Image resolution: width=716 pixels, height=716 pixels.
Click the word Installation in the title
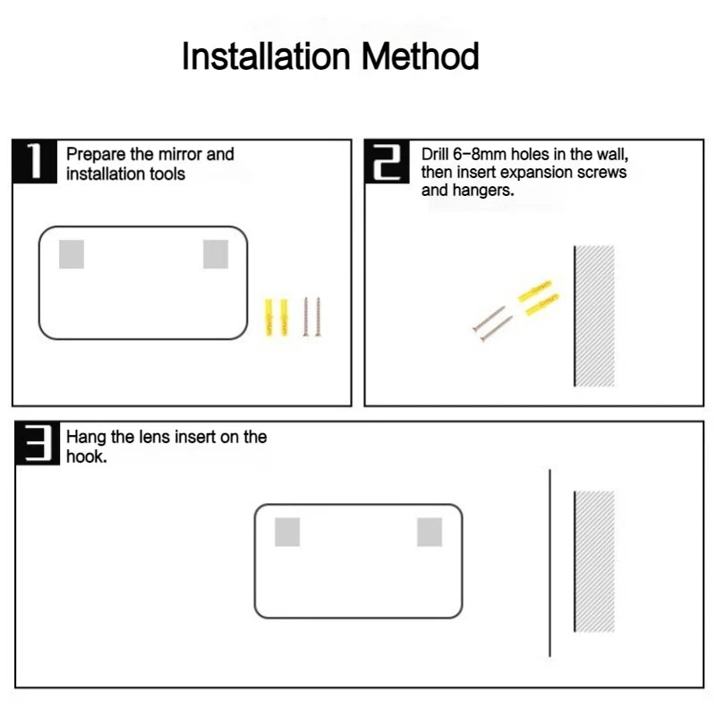click(x=266, y=56)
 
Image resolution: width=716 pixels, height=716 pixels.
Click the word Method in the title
click(x=421, y=56)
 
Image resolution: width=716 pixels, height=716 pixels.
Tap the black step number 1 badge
click(x=35, y=161)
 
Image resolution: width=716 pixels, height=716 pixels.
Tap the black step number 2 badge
click(x=388, y=161)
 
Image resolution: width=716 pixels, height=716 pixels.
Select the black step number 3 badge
click(x=38, y=443)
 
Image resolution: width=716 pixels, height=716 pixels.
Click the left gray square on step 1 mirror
click(x=72, y=254)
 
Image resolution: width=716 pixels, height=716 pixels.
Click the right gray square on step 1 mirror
click(x=216, y=254)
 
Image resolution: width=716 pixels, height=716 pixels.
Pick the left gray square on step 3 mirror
click(x=287, y=532)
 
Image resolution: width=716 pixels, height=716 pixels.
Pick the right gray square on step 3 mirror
click(x=430, y=532)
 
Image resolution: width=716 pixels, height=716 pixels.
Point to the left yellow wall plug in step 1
click(x=268, y=318)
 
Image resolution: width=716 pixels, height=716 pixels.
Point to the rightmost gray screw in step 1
click(x=318, y=317)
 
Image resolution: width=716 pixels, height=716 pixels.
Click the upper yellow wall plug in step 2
click(x=534, y=291)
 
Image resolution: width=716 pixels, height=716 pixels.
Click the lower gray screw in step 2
click(x=497, y=328)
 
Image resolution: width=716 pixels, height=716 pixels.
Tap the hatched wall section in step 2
click(x=594, y=316)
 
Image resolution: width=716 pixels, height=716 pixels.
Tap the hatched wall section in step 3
click(x=594, y=561)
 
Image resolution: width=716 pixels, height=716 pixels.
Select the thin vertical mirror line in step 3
click(x=550, y=563)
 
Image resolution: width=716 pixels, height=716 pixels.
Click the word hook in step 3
click(x=84, y=456)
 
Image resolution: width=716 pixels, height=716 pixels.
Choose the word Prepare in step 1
click(x=96, y=155)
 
